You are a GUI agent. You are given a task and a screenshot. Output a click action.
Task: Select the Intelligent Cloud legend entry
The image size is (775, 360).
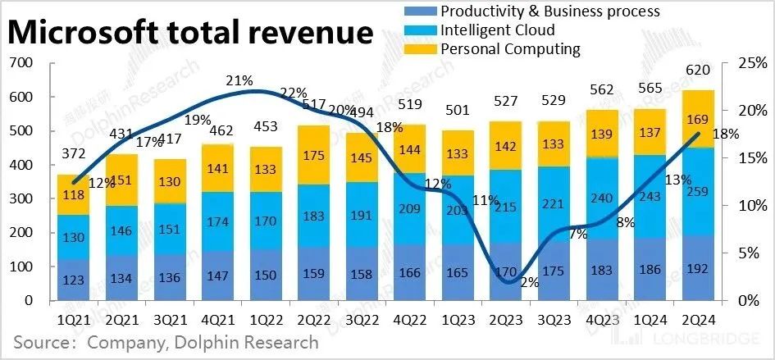497,30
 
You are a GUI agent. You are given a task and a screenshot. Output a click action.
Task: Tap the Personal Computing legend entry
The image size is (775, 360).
509,49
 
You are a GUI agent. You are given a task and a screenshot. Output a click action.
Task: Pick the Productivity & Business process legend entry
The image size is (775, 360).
549,11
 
